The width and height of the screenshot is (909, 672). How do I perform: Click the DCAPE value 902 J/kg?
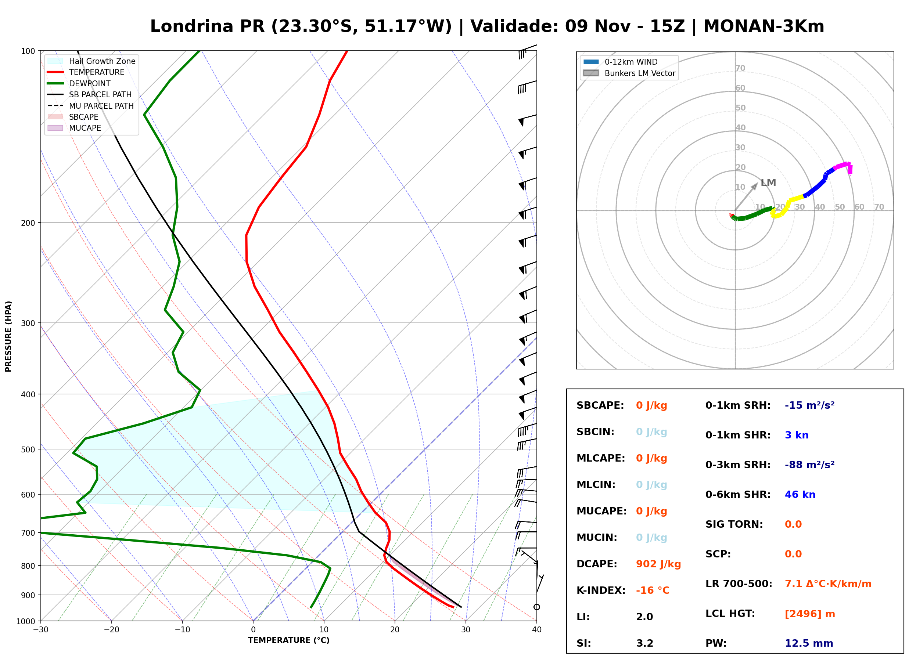(x=658, y=564)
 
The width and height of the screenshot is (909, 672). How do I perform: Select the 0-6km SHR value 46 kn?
(x=800, y=495)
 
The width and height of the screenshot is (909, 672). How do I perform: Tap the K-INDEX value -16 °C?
(x=653, y=590)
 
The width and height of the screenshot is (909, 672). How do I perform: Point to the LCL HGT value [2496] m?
(x=810, y=614)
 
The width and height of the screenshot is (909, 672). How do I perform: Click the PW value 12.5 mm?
(x=809, y=643)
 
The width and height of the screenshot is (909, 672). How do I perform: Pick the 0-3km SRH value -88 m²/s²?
(x=810, y=465)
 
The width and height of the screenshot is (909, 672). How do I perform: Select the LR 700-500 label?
(x=739, y=584)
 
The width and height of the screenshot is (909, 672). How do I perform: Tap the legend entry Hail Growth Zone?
(x=91, y=61)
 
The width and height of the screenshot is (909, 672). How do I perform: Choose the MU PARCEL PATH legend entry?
(x=90, y=106)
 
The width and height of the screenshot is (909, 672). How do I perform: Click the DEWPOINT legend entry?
(x=79, y=83)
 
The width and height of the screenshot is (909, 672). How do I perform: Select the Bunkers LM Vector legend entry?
(x=629, y=73)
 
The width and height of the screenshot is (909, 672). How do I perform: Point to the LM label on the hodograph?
(x=768, y=183)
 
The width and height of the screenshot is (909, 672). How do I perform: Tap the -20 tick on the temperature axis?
(x=111, y=630)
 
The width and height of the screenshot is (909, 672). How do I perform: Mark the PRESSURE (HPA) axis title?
(x=8, y=336)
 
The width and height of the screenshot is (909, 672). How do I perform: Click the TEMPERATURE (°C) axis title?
(x=289, y=641)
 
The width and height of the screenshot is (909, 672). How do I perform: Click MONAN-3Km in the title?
(x=764, y=26)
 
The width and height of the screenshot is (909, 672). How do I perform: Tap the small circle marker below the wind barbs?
(x=537, y=607)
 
